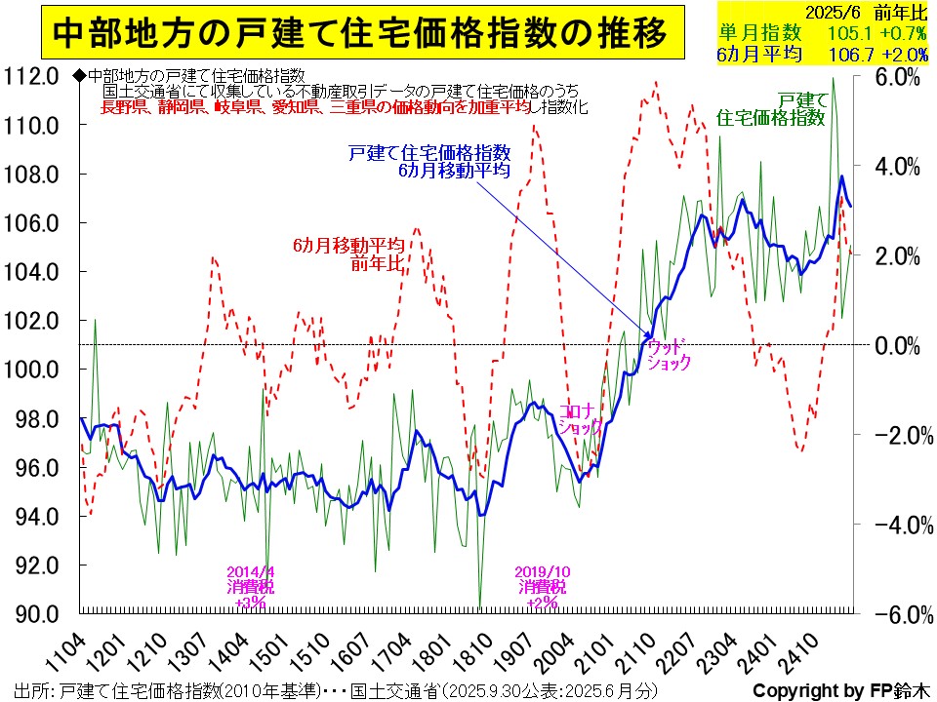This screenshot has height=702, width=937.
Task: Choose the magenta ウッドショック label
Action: click(x=669, y=355)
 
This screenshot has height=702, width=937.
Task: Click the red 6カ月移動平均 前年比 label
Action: click(x=348, y=253)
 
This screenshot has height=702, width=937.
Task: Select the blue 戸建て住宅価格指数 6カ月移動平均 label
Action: click(x=429, y=161)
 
